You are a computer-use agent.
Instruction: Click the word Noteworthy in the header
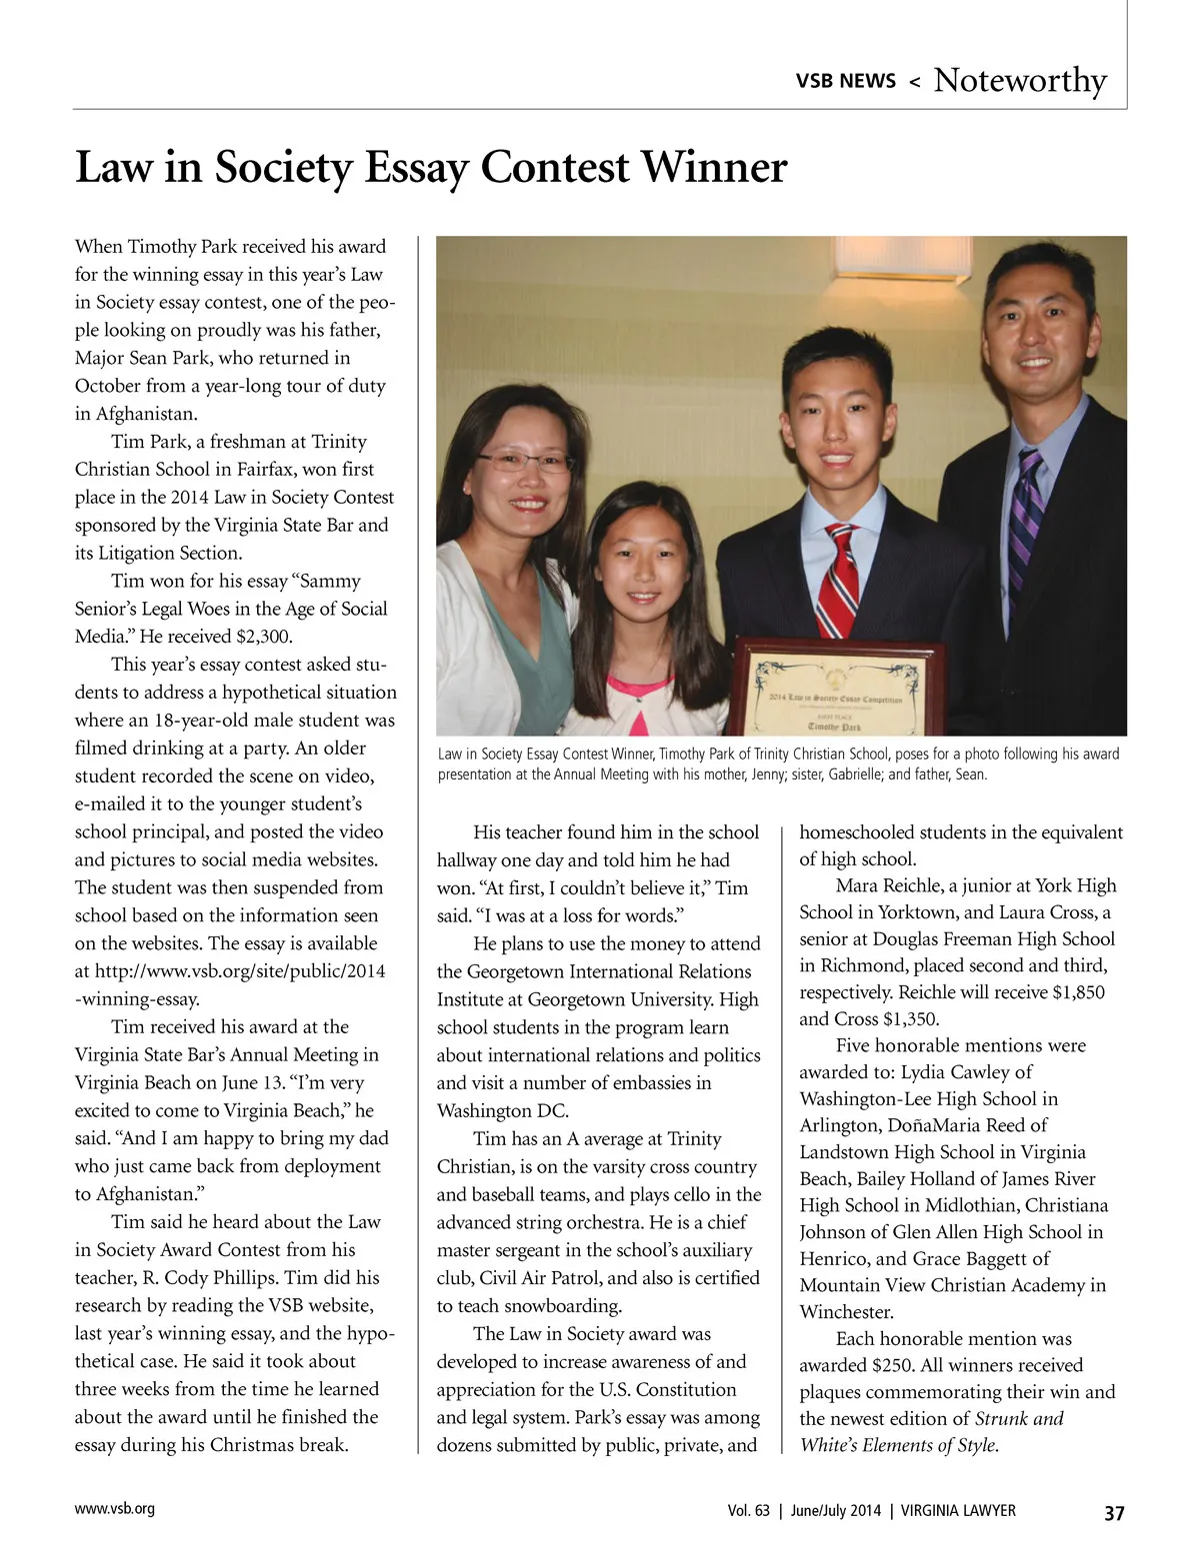coord(1020,80)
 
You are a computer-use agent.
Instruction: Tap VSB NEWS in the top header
coord(845,81)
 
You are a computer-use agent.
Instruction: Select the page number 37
coord(1114,1512)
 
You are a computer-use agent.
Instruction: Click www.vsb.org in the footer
coord(115,1509)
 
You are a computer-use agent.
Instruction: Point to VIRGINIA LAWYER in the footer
coord(958,1511)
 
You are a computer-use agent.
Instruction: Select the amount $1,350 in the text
coord(911,1019)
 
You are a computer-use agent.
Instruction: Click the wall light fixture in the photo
coord(916,262)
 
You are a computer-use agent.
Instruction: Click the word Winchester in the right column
coord(846,1312)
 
